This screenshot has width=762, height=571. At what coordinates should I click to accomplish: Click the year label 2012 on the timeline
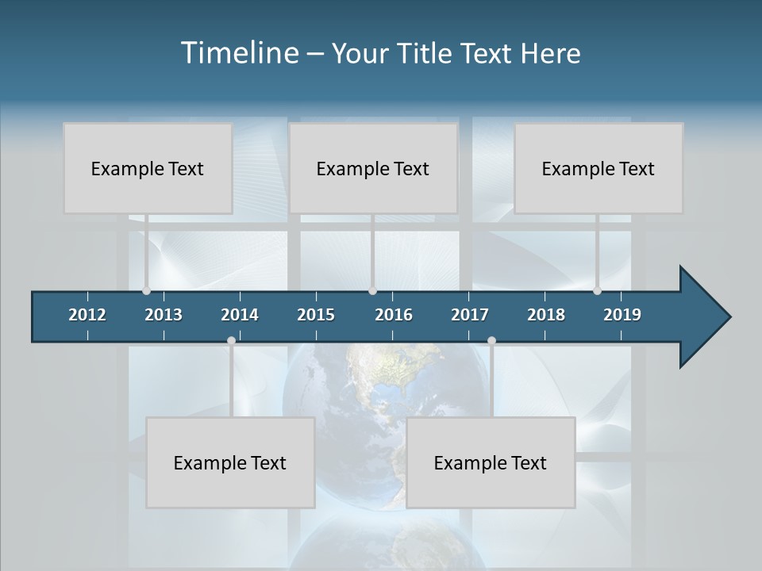click(x=87, y=315)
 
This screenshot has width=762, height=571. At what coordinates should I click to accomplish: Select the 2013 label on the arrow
click(x=164, y=315)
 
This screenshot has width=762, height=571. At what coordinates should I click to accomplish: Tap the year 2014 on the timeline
click(x=240, y=315)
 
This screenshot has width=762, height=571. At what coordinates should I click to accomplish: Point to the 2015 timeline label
click(x=316, y=315)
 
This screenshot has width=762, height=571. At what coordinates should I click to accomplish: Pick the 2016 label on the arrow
click(x=394, y=315)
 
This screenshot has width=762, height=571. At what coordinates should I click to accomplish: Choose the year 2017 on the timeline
click(x=470, y=315)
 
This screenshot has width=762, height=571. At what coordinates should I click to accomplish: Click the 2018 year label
click(x=546, y=315)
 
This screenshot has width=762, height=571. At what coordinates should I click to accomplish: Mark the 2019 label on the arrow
click(x=622, y=315)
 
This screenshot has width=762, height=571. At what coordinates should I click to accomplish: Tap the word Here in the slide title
click(x=550, y=53)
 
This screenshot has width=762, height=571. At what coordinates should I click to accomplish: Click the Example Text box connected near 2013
click(x=148, y=168)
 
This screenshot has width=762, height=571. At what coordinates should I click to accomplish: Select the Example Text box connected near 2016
click(x=373, y=168)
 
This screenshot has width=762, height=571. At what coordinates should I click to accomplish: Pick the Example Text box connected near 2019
click(x=598, y=168)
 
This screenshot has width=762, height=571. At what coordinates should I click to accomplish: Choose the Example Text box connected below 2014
click(x=230, y=462)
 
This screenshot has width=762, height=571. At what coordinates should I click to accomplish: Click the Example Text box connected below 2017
click(x=491, y=462)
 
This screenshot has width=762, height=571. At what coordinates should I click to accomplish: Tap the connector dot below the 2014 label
click(x=231, y=341)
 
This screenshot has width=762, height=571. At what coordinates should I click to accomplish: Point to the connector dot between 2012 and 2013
click(x=147, y=291)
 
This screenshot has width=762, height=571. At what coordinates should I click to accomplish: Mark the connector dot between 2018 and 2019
click(x=597, y=291)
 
